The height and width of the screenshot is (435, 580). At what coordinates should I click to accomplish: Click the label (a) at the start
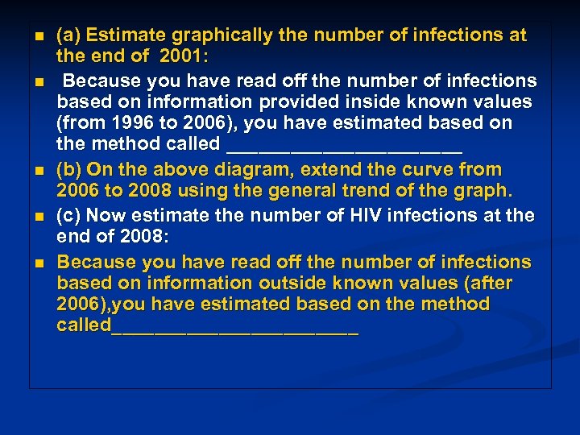tap(68, 35)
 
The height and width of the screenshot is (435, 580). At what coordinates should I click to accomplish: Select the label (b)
tap(68, 170)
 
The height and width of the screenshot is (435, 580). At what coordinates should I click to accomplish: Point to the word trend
tap(401, 192)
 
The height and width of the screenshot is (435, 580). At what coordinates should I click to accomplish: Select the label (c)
tap(68, 215)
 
